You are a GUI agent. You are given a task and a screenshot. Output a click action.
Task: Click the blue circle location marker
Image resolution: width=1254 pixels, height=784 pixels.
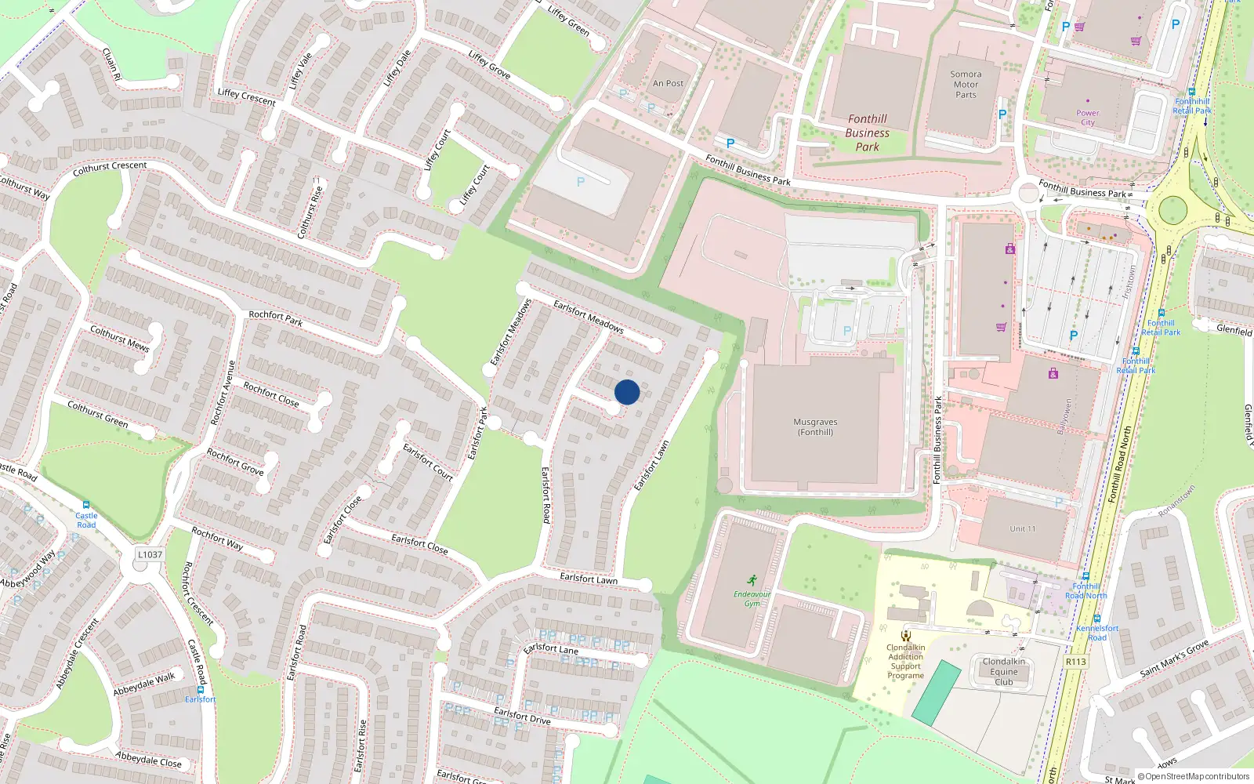click(x=627, y=392)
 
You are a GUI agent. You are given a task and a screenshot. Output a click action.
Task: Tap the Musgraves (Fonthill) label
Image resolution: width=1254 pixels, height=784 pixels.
click(x=815, y=427)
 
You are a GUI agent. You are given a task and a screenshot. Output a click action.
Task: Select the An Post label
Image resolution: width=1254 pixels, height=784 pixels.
click(x=668, y=83)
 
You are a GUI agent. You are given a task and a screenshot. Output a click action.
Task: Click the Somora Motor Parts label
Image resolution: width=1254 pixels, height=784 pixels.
click(x=966, y=85)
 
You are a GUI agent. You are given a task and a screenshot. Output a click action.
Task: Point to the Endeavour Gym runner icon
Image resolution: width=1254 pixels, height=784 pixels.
click(x=752, y=580)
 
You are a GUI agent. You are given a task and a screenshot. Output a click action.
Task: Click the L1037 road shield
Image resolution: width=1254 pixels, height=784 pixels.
click(x=150, y=554)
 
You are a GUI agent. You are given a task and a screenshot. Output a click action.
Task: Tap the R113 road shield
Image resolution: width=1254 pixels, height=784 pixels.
click(x=1075, y=662)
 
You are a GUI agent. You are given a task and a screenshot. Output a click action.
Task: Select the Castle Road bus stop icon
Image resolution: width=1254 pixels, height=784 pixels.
click(x=86, y=505)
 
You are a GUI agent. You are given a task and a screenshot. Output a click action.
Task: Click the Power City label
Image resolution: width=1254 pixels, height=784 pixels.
click(x=1087, y=118)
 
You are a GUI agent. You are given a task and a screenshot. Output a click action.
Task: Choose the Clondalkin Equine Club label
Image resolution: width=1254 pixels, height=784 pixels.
click(x=1003, y=672)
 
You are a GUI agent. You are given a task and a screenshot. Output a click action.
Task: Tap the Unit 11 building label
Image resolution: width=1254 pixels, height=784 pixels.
click(x=1022, y=529)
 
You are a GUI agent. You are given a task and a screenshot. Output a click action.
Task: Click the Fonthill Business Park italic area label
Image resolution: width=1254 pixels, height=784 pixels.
click(x=867, y=133)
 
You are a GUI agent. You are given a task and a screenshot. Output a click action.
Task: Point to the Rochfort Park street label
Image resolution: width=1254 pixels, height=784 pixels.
click(x=276, y=318)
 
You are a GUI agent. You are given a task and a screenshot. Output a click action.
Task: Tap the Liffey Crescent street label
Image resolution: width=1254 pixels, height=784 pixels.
click(x=246, y=97)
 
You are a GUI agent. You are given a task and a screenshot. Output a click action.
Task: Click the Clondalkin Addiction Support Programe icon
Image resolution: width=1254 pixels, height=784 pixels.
click(x=906, y=636)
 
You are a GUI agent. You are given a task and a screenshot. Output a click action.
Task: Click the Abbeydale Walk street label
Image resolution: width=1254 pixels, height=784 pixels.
click(x=144, y=684)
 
